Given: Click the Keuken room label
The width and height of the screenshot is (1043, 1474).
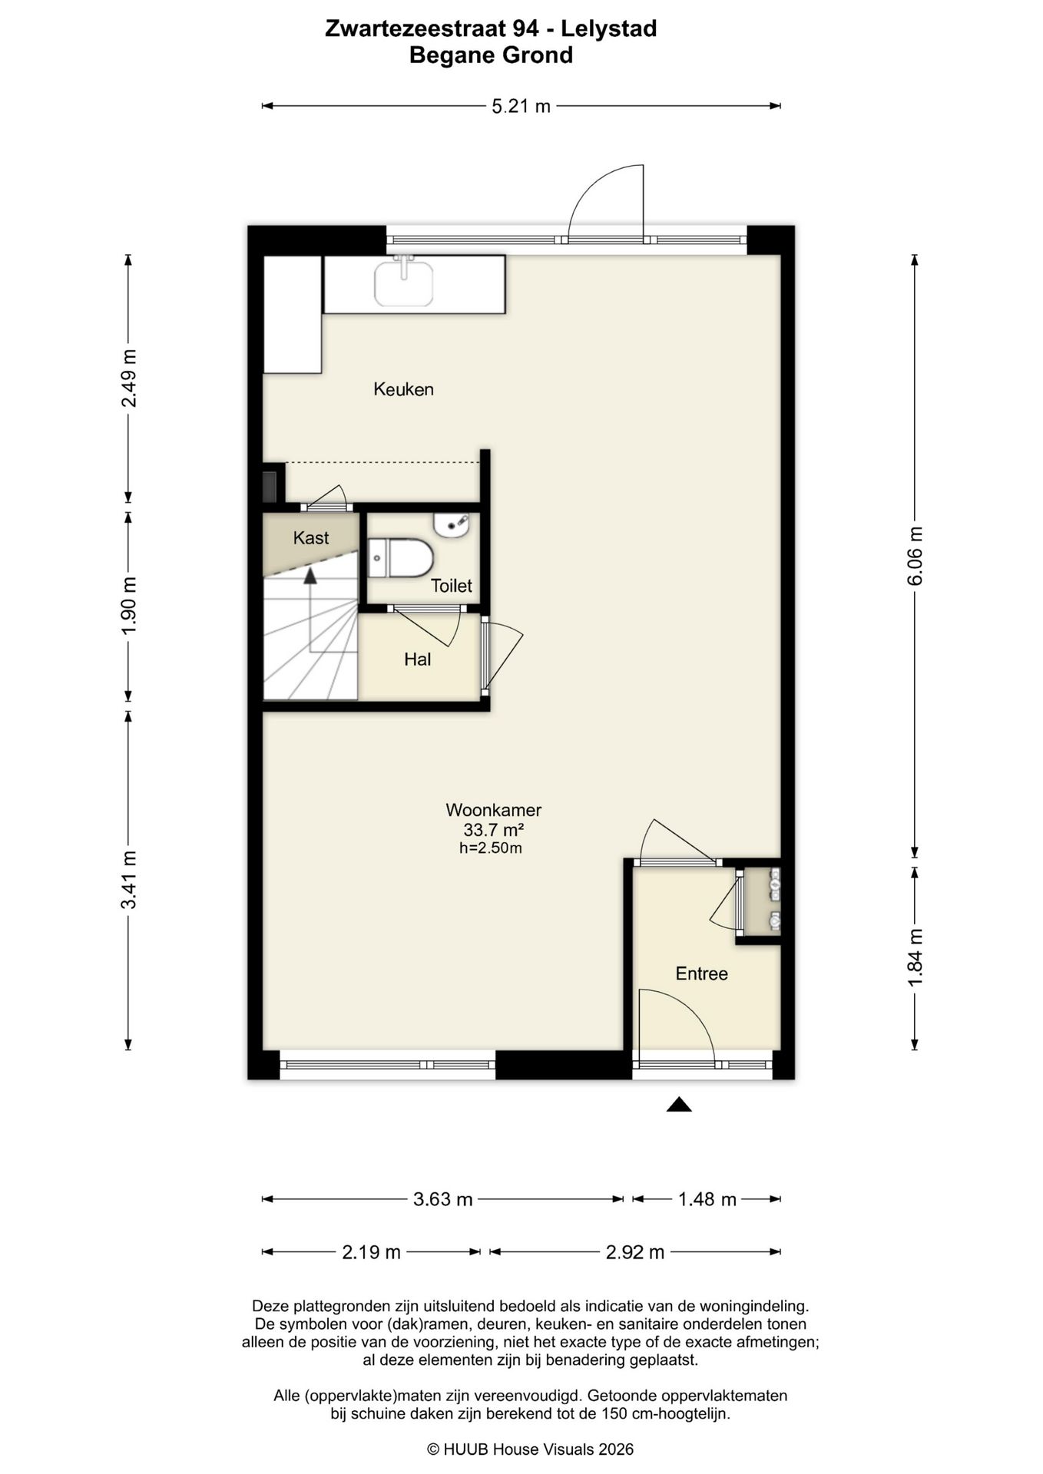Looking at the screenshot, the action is coord(403,389).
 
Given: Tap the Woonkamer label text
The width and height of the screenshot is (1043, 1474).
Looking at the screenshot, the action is coord(493,810).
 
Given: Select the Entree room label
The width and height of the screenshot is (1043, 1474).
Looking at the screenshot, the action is coord(701,973).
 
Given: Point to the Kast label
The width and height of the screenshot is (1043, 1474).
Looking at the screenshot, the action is coord(311,537).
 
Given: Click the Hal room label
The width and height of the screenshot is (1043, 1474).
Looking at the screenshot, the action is coord(417,659).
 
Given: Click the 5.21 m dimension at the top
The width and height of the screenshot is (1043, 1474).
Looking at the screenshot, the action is coord(521,106).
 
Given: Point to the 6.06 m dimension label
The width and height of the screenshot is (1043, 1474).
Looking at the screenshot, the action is coord(915,557).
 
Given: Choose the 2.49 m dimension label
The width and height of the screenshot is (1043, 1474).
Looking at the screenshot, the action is coord(129,378).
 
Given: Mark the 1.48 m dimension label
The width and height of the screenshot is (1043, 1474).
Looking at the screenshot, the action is coord(707,1199).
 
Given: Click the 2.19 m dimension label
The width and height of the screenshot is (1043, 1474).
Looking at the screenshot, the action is coord(371,1252).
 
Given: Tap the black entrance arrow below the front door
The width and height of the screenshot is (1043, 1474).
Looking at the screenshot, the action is coord(679,1105).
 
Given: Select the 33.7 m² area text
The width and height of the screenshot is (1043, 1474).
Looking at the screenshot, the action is coord(493,830).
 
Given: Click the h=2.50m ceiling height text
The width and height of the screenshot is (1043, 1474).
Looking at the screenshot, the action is coord(490,848).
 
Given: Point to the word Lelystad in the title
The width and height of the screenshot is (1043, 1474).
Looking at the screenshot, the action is coord(608,29).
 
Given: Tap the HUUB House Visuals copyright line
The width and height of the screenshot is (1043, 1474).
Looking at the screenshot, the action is coord(530,1449).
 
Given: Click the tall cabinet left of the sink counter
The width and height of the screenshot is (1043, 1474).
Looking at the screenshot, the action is coord(293,315).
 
